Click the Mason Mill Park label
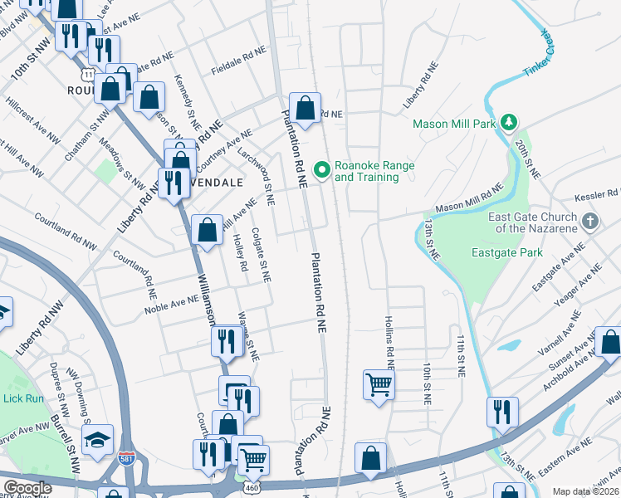454,124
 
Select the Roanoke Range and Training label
374,171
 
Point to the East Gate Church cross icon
589,221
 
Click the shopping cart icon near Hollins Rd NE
379,384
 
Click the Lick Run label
22,398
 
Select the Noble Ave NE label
171,305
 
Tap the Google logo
27,488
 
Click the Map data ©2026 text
585,491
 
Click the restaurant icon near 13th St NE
502,412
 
